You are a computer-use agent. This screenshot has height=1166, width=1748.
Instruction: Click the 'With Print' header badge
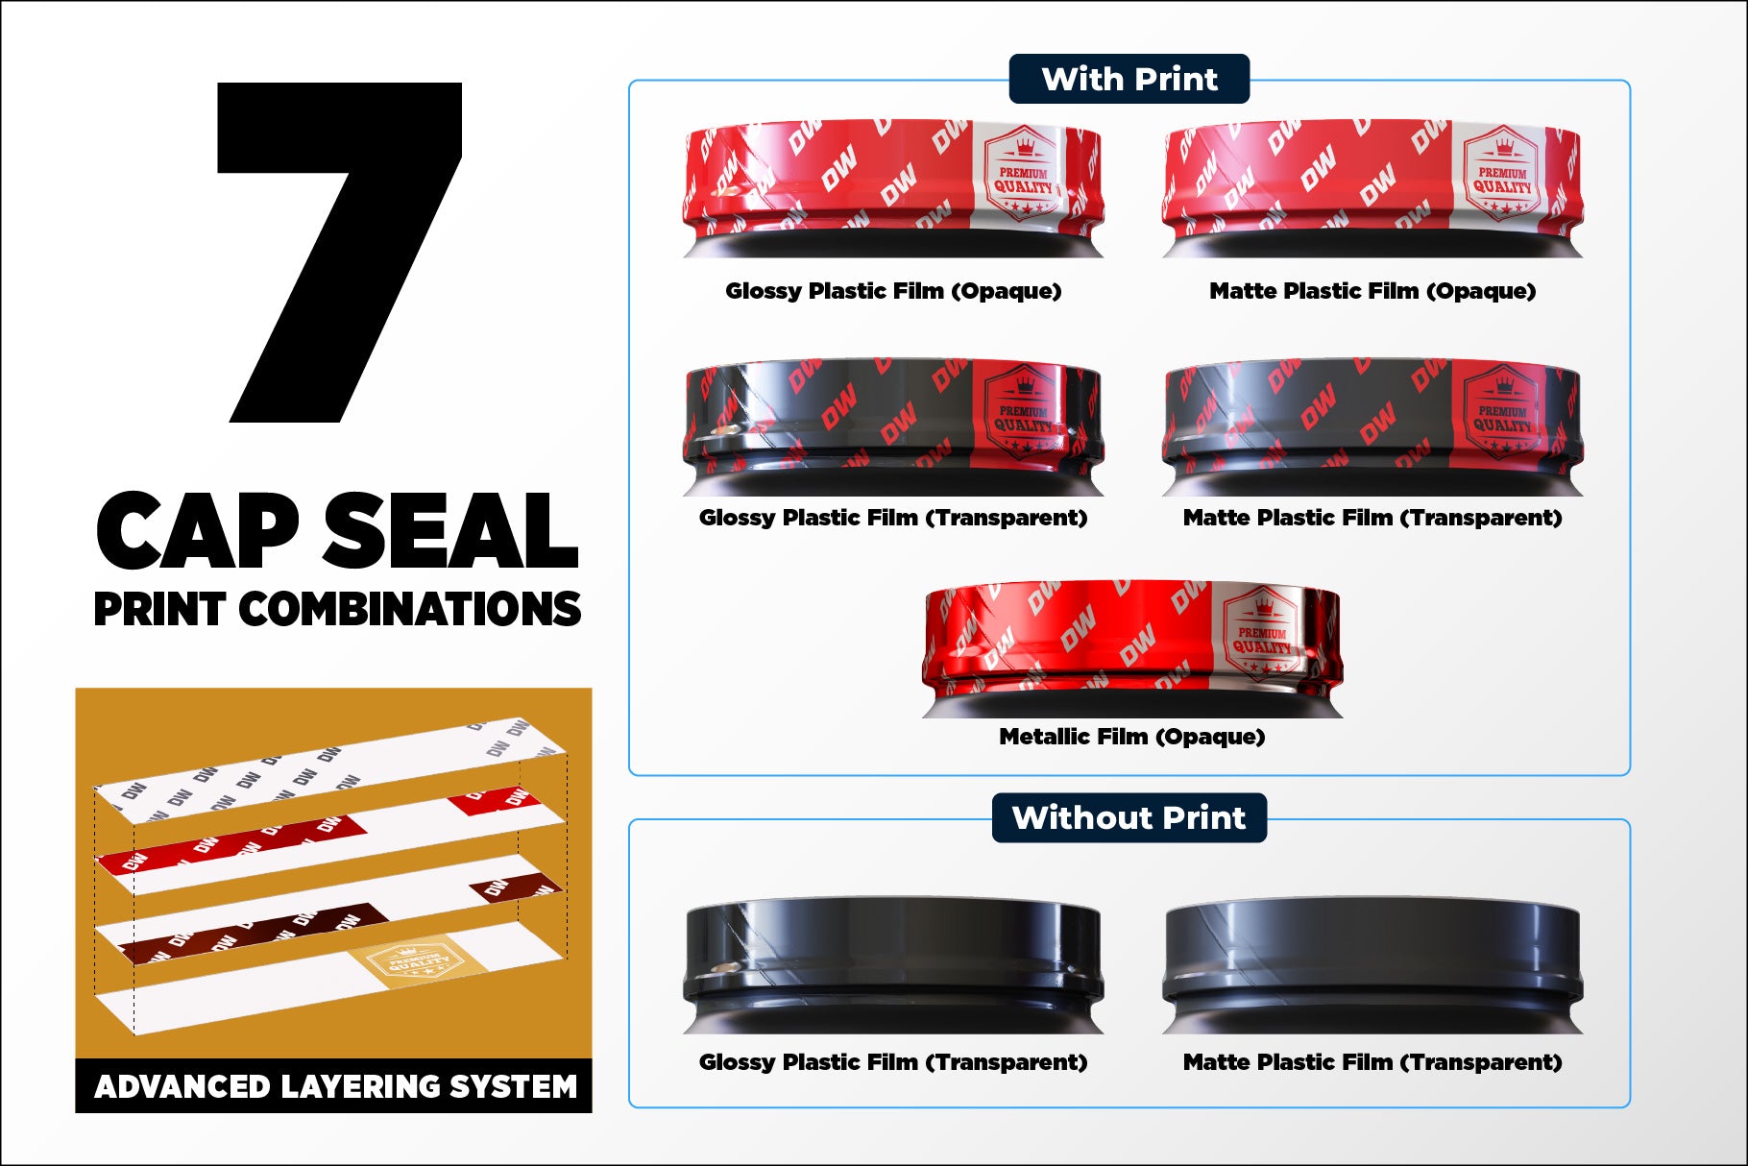[1129, 79]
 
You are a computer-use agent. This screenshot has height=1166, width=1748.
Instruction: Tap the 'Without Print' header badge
[1129, 817]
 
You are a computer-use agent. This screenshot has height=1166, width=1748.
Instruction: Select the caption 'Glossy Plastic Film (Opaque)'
[893, 291]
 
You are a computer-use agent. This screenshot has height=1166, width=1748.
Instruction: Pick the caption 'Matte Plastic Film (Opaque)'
[1372, 291]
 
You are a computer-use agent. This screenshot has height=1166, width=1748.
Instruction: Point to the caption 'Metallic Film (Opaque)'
[1131, 737]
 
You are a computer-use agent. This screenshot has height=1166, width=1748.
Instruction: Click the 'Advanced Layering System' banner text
[335, 1086]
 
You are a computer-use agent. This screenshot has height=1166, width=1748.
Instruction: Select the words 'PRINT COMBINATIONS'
[337, 609]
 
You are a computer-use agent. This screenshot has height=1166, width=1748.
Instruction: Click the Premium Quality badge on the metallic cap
[1262, 632]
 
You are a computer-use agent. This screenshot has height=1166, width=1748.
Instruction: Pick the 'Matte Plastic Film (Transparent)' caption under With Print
[1372, 518]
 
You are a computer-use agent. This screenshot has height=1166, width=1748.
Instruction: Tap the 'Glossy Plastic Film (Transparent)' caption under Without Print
[893, 1062]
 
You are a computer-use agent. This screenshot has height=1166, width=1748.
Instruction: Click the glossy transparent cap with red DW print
[893, 427]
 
